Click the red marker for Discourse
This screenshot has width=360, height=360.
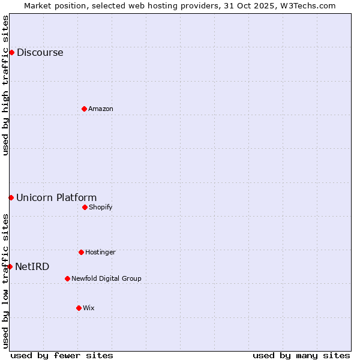coord(11,52)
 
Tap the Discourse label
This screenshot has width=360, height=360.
coord(40,53)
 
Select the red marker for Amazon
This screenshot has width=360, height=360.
coord(84,109)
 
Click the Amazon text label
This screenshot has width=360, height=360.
coord(101,109)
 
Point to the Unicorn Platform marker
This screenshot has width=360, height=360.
coord(11,197)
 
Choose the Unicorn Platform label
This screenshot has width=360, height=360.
coord(56,198)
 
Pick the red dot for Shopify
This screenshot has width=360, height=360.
coord(85,207)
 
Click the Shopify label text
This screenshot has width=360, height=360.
coord(101,208)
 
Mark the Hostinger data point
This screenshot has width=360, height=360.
coord(81,252)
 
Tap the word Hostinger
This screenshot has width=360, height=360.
coord(100,253)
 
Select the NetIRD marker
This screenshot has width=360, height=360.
coord(10,266)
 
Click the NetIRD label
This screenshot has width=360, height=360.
coord(32,267)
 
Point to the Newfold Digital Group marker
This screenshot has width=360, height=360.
coord(67,278)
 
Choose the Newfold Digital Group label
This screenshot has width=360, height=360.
coord(107,279)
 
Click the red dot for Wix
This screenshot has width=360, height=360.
coord(79,308)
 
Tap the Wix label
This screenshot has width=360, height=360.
coord(89,308)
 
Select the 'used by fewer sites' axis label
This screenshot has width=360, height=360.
coord(62,355)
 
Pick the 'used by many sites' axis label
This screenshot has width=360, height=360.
coord(301,355)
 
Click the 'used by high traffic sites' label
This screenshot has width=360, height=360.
coord(5,85)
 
